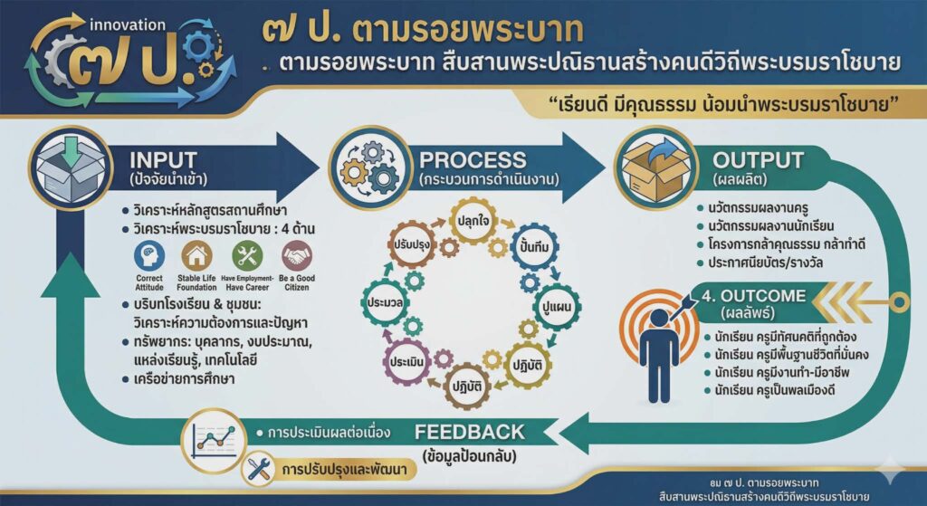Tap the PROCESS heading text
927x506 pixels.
tap(472, 160)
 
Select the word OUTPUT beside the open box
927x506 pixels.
tap(757, 160)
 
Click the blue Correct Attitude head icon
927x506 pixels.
tap(148, 256)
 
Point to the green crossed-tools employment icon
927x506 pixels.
tap(246, 256)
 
